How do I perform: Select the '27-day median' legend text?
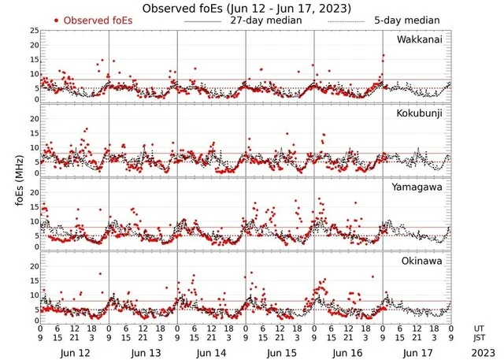265,20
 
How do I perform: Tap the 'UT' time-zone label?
479,327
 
